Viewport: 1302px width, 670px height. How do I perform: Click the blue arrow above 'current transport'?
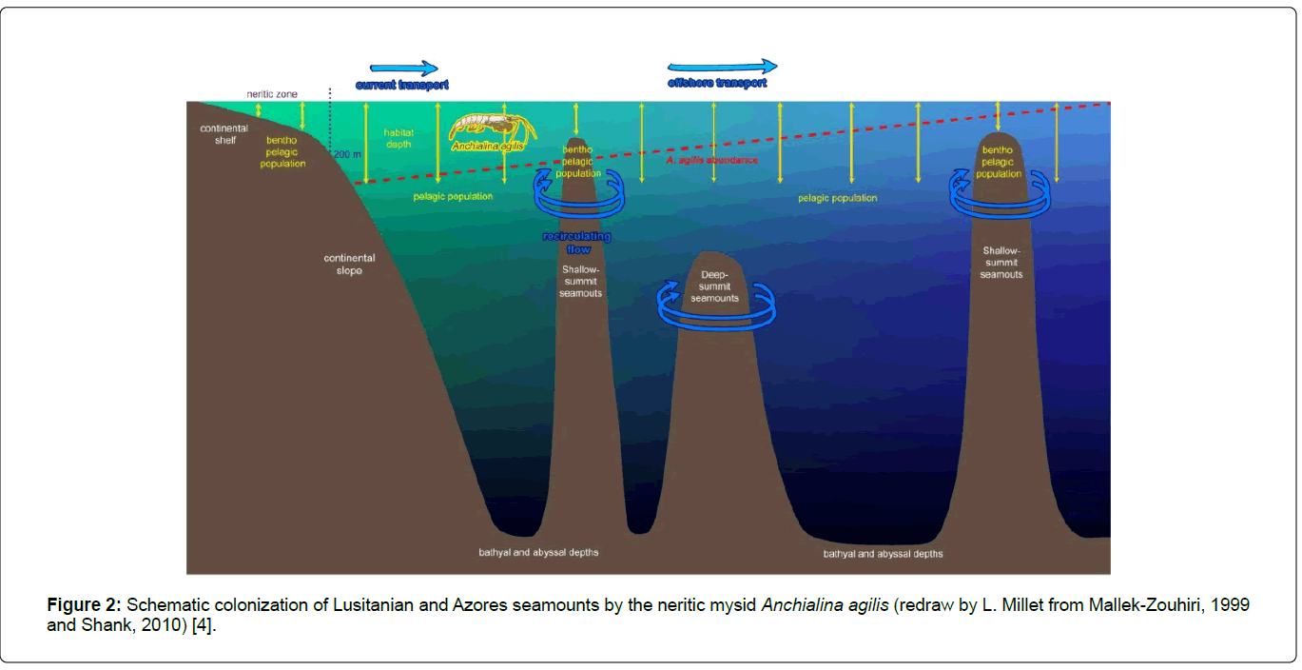403,68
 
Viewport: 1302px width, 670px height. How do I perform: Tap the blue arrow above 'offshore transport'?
722,66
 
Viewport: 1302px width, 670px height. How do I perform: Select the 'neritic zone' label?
272,94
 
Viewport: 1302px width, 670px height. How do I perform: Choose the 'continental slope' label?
349,264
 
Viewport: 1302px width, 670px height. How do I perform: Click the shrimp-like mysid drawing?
491,128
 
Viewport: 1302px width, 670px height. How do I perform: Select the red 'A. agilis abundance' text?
712,160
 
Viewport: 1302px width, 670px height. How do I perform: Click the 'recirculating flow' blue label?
577,242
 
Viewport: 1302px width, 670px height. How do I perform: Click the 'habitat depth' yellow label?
399,138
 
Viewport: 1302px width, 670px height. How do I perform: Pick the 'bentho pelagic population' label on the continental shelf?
282,151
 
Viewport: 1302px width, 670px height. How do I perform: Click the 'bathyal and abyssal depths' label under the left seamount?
538,552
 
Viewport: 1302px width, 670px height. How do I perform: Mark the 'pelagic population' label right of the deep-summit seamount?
837,198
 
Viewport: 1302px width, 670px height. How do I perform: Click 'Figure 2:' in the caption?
85,605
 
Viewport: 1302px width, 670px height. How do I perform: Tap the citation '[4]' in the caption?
204,626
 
